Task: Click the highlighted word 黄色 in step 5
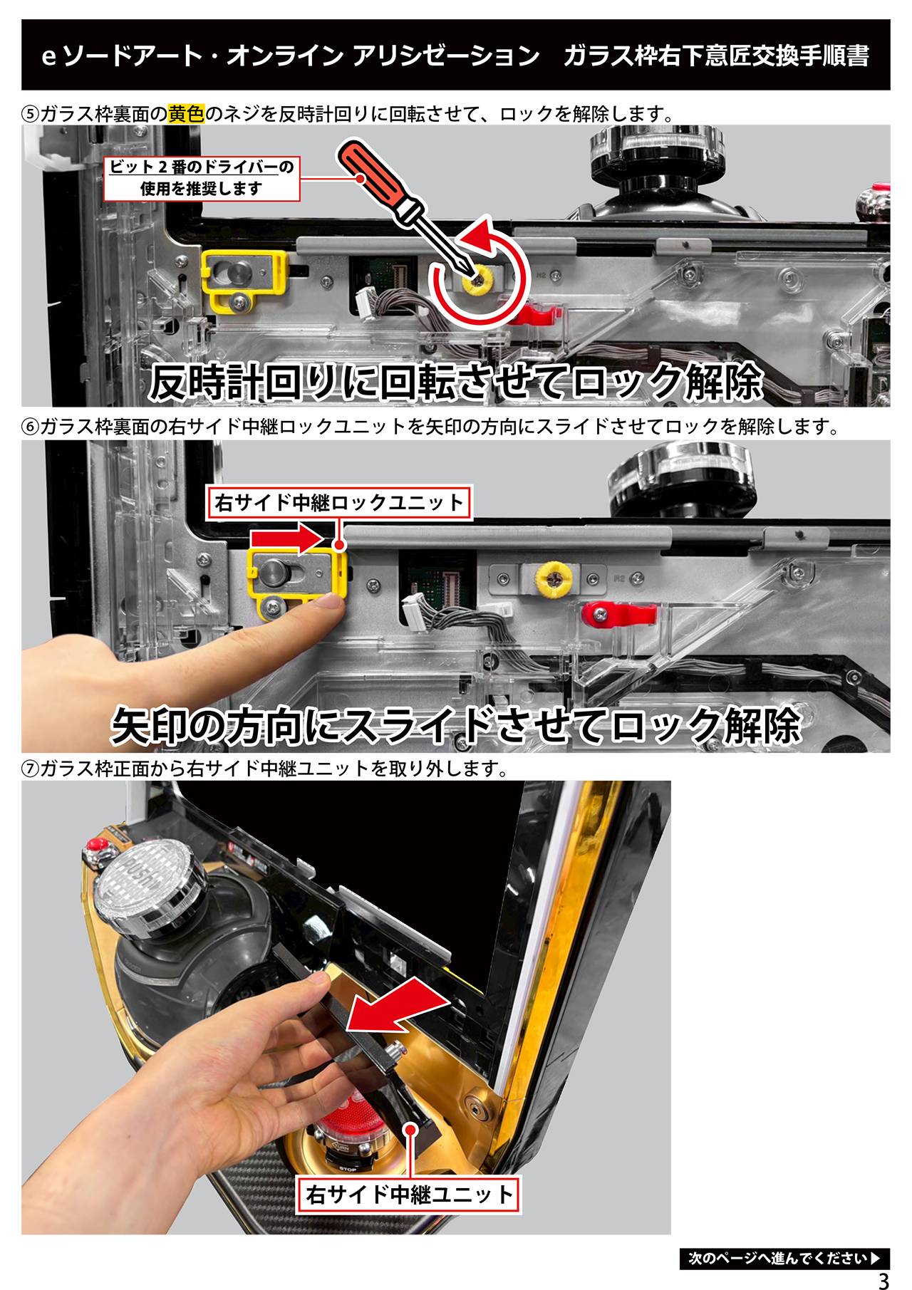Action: [x=187, y=113]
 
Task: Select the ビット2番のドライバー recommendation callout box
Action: [x=201, y=178]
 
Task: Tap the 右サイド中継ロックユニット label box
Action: [x=339, y=503]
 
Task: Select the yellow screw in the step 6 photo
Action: [x=554, y=579]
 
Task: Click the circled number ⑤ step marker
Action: [x=31, y=114]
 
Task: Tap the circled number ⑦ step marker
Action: [x=31, y=769]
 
